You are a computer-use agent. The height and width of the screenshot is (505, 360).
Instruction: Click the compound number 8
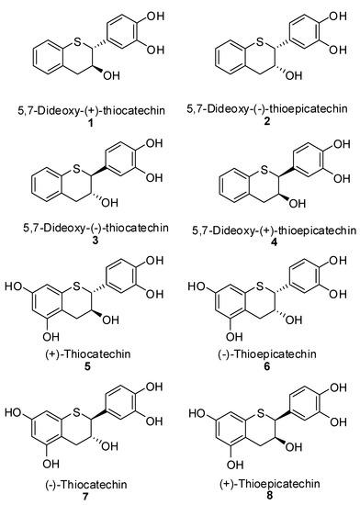272,497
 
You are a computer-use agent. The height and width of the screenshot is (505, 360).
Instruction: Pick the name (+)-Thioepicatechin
272,483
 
